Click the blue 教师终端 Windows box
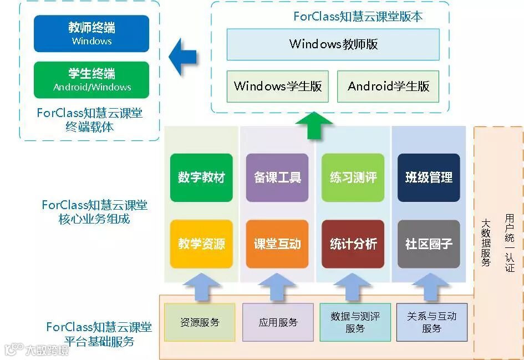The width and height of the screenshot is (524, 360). tap(91, 33)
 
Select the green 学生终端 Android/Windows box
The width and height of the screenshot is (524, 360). tap(91, 79)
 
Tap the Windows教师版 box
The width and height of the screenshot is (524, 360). tap(333, 44)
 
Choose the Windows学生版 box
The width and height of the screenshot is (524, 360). tap(277, 86)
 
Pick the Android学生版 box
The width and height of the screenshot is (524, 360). tap(388, 86)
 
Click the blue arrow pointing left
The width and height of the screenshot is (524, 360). tap(183, 56)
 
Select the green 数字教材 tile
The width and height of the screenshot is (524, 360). tap(201, 178)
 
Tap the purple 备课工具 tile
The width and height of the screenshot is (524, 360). tap(277, 178)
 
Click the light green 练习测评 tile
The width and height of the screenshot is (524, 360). tap(353, 178)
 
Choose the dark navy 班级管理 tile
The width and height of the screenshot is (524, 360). tap(429, 178)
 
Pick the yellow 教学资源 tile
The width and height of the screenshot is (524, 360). tap(201, 244)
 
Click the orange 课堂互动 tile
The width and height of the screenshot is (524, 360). tap(277, 244)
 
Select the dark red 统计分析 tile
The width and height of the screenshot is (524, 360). tap(353, 244)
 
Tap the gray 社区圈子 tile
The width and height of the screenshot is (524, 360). tap(429, 244)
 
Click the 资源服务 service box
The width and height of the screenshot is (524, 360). tap(200, 322)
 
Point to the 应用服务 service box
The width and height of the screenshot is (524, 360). tap(278, 322)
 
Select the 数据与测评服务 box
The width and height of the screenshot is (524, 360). tap(355, 322)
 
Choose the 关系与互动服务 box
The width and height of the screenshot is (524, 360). tap(431, 322)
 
